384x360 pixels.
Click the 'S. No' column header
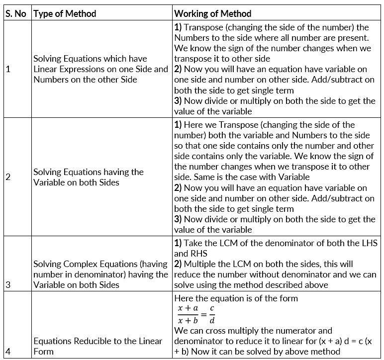(15, 13)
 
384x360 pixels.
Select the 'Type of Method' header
(64, 13)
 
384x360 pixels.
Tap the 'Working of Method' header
(212, 13)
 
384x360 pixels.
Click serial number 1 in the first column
(8, 69)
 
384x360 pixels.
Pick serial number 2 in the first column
(8, 177)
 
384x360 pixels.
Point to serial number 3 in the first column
(8, 285)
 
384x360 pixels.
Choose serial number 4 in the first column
(8, 352)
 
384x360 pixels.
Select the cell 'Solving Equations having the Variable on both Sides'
(89, 177)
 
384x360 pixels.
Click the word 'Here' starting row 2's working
(194, 125)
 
